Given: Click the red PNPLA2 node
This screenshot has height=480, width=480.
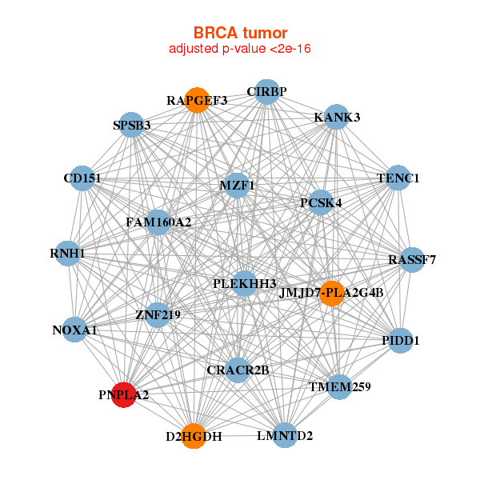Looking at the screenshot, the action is point(124,395).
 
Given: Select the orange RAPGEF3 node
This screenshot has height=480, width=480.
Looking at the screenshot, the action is point(197,101).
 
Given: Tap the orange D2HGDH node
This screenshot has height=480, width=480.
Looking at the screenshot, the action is point(194,436).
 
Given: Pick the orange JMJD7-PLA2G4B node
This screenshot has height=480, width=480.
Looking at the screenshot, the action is point(331,294).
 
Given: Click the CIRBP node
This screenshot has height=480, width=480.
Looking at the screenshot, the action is point(267,92).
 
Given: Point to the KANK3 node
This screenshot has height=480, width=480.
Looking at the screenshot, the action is point(337,117).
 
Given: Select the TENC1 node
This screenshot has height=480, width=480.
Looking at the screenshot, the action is point(398,178).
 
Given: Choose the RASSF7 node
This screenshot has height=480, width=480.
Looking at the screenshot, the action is point(412,259).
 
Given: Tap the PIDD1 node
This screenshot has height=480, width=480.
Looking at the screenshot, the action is point(400,341).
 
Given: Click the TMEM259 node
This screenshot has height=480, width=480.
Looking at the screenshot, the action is point(340,387).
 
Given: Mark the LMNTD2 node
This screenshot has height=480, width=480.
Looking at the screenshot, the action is point(285,435).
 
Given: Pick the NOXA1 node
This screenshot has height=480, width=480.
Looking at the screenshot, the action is point(74,330).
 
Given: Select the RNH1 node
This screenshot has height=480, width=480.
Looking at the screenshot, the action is point(67,254).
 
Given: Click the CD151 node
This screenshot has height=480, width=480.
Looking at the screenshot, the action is point(82,178).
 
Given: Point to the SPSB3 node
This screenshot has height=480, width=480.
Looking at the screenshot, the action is point(131,125).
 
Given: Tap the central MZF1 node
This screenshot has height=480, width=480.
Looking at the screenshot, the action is point(237,186).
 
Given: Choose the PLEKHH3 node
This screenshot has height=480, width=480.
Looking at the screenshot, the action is point(244,283).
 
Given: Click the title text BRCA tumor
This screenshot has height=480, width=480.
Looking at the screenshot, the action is point(240,33).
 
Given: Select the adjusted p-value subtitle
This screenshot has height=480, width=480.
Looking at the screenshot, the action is point(240,49).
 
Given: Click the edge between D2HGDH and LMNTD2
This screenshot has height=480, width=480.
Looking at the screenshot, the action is point(239,436).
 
